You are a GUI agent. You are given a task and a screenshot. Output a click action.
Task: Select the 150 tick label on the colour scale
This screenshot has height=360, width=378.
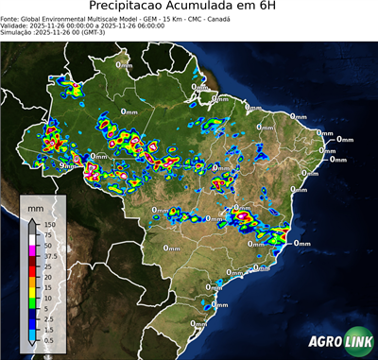pyautogui.click(x=49, y=225)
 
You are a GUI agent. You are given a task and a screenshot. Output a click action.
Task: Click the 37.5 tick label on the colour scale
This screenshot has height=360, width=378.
pyautogui.click(x=50, y=255)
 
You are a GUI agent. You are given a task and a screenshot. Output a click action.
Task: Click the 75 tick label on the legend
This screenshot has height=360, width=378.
pyautogui.click(x=47, y=235)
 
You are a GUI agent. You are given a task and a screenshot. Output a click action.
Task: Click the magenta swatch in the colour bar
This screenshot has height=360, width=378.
pyautogui.click(x=32, y=249)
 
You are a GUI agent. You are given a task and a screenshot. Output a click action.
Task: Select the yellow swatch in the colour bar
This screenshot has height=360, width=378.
pyautogui.click(x=32, y=291)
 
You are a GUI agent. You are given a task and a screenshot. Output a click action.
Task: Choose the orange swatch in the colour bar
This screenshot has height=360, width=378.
pyautogui.click(x=32, y=281)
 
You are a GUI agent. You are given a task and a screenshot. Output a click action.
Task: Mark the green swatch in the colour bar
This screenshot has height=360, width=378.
pyautogui.click(x=32, y=301)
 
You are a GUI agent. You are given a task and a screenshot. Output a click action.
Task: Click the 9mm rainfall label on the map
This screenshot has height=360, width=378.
pyautogui.click(x=67, y=165)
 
